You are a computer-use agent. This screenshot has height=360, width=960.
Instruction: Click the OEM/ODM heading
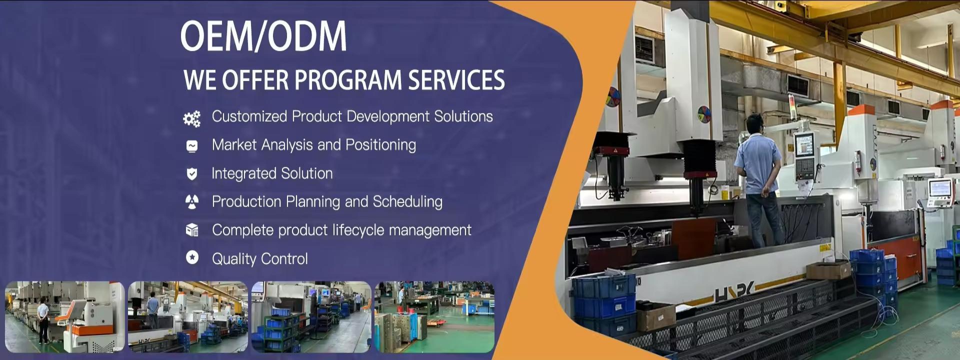point(263,36)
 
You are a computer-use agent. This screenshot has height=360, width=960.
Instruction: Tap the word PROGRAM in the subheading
point(348,80)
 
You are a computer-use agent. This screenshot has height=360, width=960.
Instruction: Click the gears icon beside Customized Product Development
point(191,118)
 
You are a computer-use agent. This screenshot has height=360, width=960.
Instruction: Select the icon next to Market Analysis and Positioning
point(191,145)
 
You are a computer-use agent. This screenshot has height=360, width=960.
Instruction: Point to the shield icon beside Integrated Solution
point(191,173)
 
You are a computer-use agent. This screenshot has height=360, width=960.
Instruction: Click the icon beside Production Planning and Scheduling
point(191,201)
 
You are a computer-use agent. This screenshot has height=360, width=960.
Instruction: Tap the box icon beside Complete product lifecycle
point(191,230)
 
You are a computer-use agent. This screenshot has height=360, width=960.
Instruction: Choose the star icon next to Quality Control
point(192,257)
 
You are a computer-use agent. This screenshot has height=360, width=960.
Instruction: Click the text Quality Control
point(260,259)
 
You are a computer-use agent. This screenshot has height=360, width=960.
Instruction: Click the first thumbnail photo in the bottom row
point(65,317)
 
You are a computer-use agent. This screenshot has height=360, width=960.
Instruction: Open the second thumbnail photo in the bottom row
point(188,317)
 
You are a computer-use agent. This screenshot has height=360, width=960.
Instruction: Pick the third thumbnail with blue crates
point(311,317)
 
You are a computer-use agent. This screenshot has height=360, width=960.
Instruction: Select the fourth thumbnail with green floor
point(434,317)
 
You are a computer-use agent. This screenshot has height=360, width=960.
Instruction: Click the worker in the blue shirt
point(758,180)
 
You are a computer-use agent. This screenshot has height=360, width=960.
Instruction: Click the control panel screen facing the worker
point(804,144)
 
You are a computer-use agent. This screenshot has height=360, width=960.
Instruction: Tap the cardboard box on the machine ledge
point(828,270)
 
